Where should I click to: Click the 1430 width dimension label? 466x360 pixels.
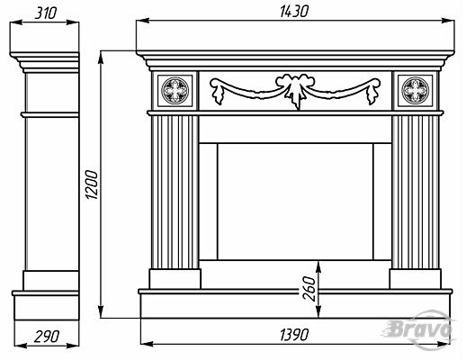(294, 12)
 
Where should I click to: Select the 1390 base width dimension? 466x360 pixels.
(294, 335)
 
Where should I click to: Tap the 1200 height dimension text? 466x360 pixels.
(92, 184)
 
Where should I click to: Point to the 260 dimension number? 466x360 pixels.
(309, 289)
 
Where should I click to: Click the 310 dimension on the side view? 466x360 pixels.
(46, 13)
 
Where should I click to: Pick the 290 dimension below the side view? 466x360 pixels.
(47, 337)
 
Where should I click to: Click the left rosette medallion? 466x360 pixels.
(175, 90)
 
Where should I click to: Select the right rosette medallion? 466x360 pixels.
(416, 90)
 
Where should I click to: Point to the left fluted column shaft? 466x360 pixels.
(175, 192)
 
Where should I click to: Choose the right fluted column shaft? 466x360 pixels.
(416, 192)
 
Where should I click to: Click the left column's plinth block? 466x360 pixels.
(175, 279)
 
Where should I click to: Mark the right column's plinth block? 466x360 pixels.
(416, 279)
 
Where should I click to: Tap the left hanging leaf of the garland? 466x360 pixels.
(218, 92)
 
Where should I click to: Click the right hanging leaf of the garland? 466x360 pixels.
(373, 92)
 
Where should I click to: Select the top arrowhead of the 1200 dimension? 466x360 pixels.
(102, 58)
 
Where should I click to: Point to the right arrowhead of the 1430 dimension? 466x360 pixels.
(448, 21)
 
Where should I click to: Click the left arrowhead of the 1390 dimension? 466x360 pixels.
(148, 343)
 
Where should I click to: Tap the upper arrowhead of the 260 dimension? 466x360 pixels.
(318, 267)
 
